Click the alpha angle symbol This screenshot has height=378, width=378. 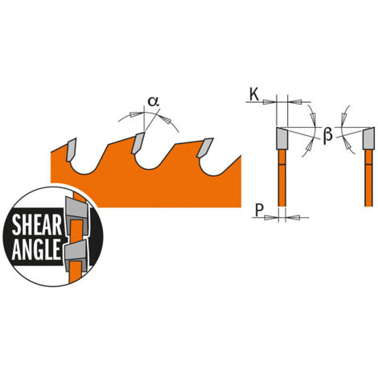[x=154, y=101]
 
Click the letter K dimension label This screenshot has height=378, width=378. [x=254, y=95]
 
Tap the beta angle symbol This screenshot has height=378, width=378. [x=327, y=135]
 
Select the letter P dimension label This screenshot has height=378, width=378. [x=259, y=210]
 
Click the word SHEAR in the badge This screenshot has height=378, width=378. [x=37, y=225]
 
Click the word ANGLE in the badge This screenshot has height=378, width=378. [x=36, y=249]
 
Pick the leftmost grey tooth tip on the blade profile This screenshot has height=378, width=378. [x=71, y=150]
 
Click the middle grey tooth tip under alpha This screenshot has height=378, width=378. [x=138, y=142]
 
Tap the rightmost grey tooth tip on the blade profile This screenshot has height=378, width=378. [x=205, y=147]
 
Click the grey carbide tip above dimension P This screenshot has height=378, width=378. [x=282, y=138]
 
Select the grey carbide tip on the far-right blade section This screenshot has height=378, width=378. [x=368, y=138]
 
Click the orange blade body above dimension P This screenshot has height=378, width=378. [x=282, y=178]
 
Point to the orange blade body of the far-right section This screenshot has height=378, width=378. [x=369, y=178]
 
